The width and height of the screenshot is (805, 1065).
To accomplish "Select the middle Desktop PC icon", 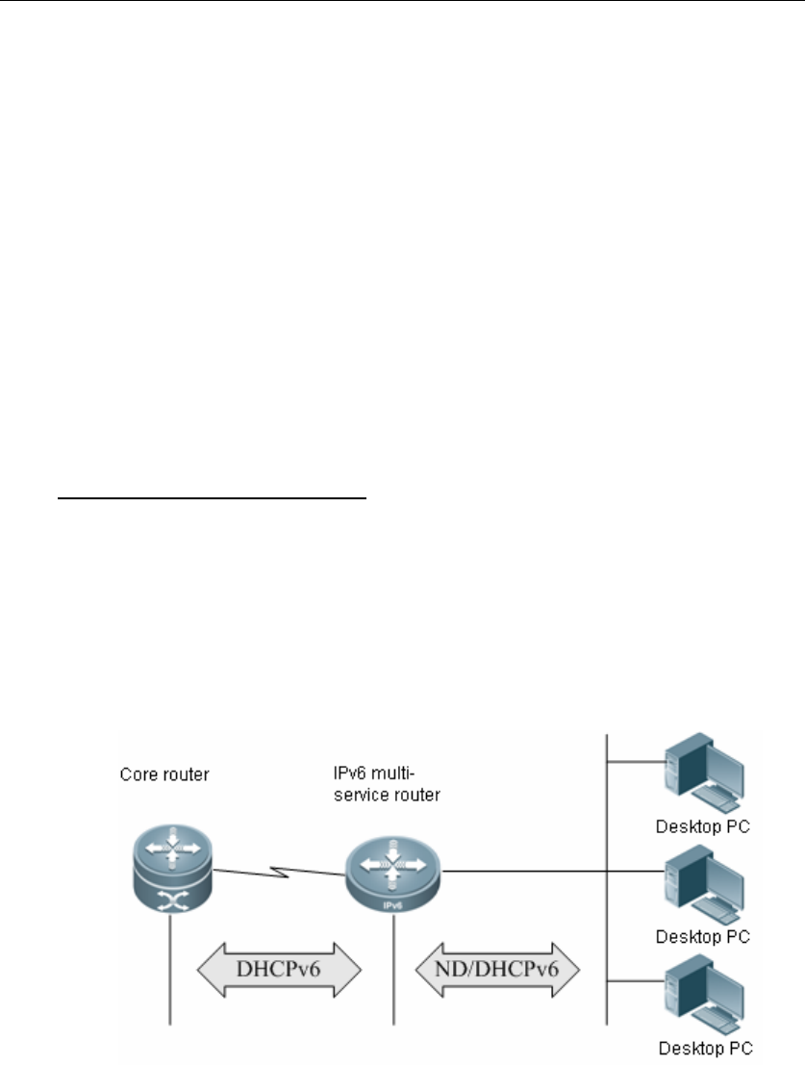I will (x=706, y=876).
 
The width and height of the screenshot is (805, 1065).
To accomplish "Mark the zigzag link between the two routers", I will (x=279, y=873).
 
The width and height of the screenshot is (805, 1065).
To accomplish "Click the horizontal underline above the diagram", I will (x=211, y=499).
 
